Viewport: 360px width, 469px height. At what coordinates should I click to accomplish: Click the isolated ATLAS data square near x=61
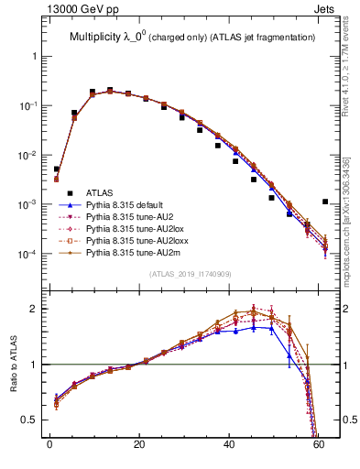[325, 202]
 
